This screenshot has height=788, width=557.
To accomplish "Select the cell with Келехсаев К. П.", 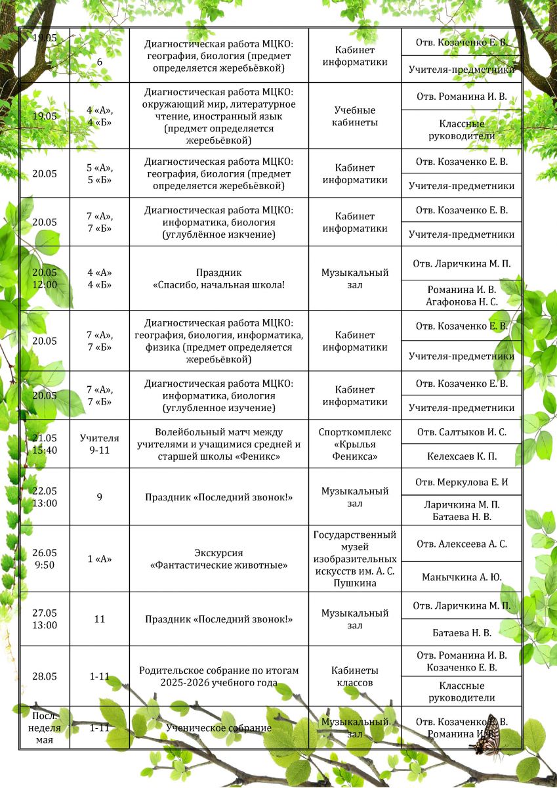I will click(461, 456).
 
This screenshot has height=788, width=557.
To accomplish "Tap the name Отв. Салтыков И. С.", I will click(461, 432).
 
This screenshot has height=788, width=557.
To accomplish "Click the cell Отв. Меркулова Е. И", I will click(461, 483).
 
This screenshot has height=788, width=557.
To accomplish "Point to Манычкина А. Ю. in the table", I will click(461, 577).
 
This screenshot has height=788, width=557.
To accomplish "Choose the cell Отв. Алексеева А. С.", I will click(461, 544).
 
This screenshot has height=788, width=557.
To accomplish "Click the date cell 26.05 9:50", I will click(45, 559).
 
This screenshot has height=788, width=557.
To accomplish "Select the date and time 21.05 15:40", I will click(45, 444).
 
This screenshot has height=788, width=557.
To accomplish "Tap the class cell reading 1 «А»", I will click(100, 559).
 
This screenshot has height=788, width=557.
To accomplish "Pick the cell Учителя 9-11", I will click(100, 444).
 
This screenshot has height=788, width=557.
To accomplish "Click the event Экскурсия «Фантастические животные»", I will click(218, 559).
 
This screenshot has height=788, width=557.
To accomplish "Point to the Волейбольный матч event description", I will click(218, 444).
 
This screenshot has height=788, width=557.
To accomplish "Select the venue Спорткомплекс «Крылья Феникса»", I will click(354, 444).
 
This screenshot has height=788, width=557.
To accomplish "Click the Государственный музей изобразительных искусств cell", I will click(354, 559).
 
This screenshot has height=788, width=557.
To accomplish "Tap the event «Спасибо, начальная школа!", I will click(218, 278).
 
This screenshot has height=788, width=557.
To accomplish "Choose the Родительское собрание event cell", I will click(218, 676).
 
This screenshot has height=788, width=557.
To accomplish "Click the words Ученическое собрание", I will click(218, 728).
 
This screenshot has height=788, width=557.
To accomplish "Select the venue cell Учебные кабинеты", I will click(354, 116).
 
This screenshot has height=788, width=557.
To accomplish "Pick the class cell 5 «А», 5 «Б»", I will click(100, 173).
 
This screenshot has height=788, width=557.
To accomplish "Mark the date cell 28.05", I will click(45, 676).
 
